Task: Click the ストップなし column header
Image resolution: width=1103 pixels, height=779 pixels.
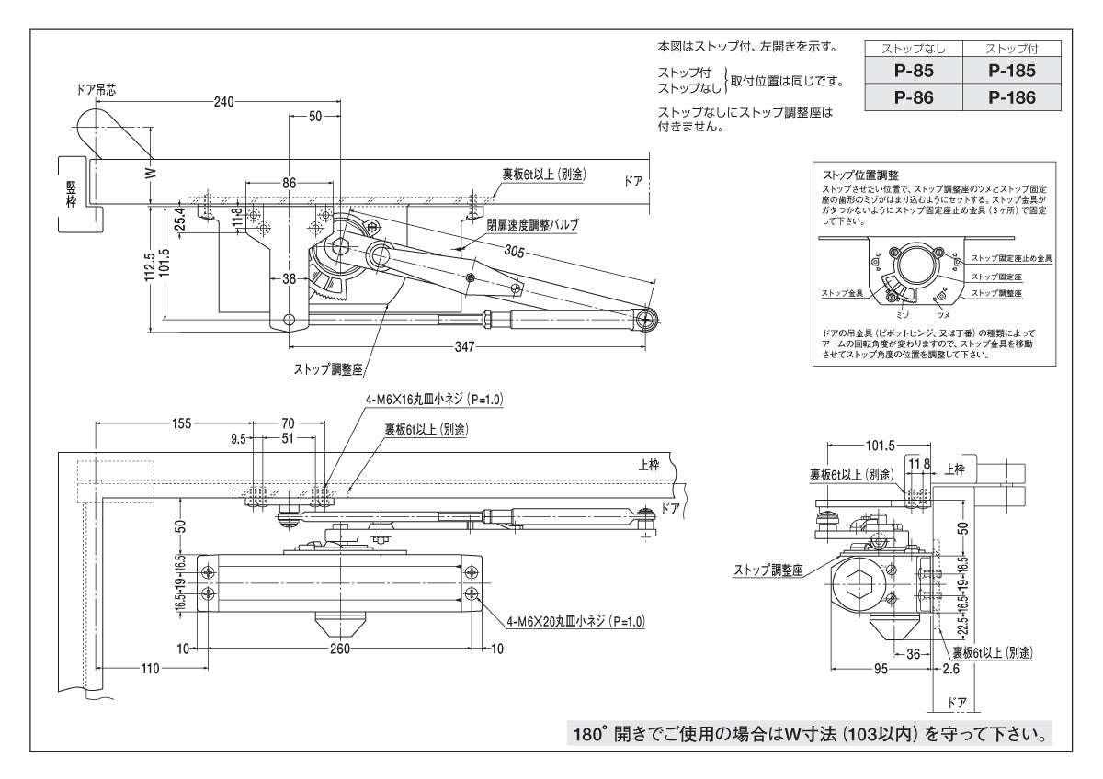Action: pyautogui.click(x=915, y=48)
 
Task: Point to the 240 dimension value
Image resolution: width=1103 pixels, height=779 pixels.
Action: pyautogui.click(x=222, y=102)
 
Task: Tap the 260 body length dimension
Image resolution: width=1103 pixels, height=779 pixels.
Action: pyautogui.click(x=340, y=649)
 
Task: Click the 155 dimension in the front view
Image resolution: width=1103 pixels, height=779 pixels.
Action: pyautogui.click(x=181, y=423)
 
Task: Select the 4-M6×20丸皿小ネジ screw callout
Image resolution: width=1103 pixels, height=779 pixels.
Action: pyautogui.click(x=575, y=622)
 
